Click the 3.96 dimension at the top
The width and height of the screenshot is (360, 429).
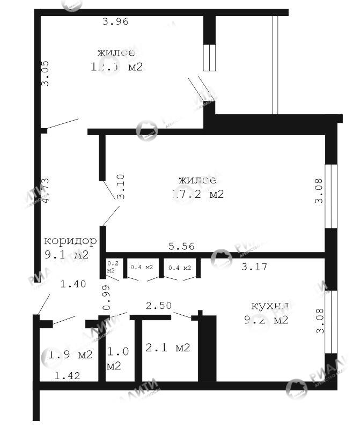click(116, 22)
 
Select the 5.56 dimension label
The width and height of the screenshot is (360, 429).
click(181, 247)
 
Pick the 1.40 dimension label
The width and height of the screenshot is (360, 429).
click(73, 284)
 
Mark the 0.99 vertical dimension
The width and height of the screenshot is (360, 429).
click(106, 298)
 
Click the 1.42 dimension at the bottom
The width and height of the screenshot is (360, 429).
click(67, 376)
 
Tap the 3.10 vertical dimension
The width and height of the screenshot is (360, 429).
click(121, 187)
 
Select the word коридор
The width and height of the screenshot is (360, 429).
click(70, 241)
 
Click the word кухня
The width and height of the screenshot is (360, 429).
click(270, 306)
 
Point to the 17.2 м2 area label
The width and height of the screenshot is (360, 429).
click(197, 194)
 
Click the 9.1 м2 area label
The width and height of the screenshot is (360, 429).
click(67, 255)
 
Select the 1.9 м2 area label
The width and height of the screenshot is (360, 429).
click(70, 354)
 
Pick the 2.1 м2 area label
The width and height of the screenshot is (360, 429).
click(168, 348)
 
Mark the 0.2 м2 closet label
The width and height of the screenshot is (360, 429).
click(113, 267)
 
